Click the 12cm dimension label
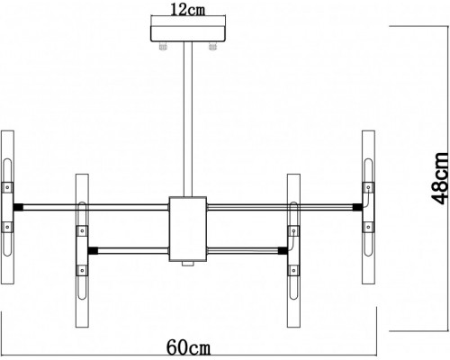click(188, 10)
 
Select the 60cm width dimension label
click(188, 347)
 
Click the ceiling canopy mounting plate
click(188, 34)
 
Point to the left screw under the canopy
click(163, 46)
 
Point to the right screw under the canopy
click(212, 46)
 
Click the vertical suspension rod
click(188, 120)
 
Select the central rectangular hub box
click(188, 229)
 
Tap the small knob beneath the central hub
click(188, 264)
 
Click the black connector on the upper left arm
click(18, 207)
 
